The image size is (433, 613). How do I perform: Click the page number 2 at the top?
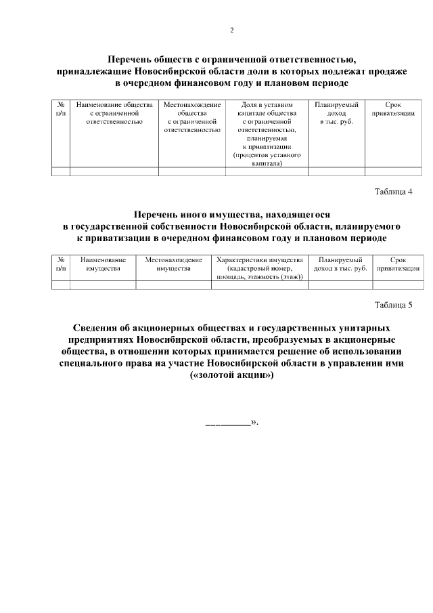tap(232, 30)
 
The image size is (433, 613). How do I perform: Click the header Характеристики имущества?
tap(259, 268)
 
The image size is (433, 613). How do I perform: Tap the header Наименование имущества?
tap(103, 264)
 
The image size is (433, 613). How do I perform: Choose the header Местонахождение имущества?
tap(173, 264)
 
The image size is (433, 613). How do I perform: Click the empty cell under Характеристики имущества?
tap(259, 285)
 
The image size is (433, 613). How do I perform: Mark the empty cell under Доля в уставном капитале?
tap(267, 171)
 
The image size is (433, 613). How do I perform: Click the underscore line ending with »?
tap(230, 423)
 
